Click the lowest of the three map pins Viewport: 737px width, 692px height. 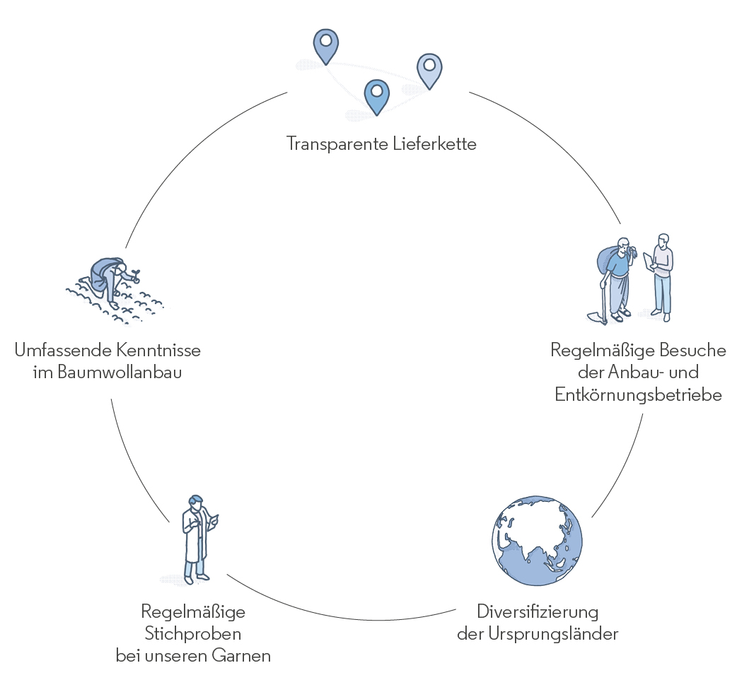[376, 95]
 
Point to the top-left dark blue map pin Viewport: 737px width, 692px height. [326, 45]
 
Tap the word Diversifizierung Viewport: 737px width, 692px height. [538, 611]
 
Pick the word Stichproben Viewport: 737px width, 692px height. [193, 633]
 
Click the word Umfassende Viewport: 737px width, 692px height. [57, 350]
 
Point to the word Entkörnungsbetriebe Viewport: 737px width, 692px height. [638, 395]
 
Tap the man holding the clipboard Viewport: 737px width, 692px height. [661, 276]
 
